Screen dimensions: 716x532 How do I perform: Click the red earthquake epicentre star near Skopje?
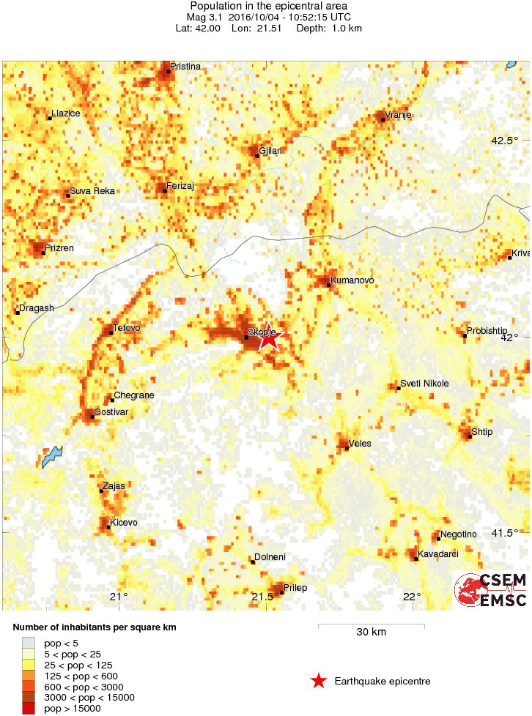(269, 338)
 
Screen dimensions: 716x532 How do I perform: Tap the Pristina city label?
(185, 67)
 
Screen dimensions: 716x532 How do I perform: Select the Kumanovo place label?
(352, 280)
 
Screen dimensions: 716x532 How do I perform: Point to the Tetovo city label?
(126, 328)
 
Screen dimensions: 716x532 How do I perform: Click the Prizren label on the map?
(59, 248)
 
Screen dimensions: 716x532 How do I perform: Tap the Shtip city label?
(481, 432)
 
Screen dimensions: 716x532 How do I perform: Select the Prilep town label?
(295, 588)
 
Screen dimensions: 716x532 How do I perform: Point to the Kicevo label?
(123, 523)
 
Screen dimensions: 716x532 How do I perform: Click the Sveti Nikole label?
(424, 384)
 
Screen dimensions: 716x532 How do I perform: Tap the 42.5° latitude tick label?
(504, 141)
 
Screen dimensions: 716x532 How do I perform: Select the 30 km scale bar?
(371, 625)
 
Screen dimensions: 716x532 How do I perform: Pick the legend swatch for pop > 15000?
(28, 708)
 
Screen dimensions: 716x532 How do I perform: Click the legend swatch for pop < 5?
(28, 642)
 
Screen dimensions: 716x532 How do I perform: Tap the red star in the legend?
(318, 682)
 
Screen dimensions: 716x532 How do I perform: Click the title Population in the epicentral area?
(268, 7)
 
